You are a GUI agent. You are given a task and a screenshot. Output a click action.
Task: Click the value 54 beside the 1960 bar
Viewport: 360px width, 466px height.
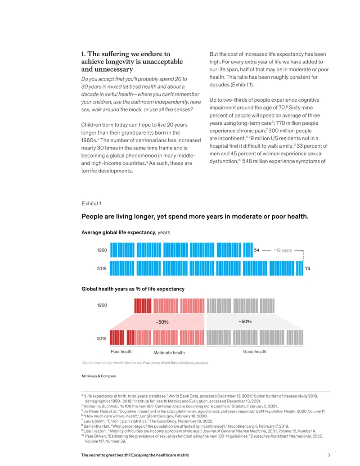click(256, 250)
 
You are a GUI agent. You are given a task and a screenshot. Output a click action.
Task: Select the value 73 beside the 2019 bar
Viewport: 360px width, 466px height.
click(307, 268)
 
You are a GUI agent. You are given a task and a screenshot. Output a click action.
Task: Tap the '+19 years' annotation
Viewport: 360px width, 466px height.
click(283, 250)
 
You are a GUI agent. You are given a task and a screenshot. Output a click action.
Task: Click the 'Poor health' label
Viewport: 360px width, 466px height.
click(121, 352)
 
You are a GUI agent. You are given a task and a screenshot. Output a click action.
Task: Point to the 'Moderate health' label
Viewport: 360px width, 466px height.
click(169, 353)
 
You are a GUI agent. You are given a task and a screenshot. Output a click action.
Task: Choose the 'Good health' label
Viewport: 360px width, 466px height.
click(255, 352)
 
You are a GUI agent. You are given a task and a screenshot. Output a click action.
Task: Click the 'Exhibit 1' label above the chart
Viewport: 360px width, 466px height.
click(91, 204)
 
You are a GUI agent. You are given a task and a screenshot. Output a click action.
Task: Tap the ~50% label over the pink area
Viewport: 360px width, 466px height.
click(162, 322)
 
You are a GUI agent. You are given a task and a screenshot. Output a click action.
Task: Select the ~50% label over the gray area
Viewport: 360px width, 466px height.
click(245, 321)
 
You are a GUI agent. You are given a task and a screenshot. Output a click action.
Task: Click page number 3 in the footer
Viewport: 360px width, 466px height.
click(328, 455)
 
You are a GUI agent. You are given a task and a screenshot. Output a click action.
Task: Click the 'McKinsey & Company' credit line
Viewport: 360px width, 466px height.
click(99, 376)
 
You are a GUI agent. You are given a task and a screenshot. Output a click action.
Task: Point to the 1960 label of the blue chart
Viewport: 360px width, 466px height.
click(102, 250)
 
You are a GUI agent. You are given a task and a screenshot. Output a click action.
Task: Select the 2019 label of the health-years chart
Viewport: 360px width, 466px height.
click(102, 339)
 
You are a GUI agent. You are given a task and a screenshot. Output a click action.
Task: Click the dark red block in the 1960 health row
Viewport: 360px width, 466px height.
click(143, 306)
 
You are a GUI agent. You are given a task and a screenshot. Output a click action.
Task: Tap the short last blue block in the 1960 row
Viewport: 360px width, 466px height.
click(248, 250)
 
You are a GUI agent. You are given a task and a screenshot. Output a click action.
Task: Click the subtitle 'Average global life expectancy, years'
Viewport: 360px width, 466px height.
click(126, 232)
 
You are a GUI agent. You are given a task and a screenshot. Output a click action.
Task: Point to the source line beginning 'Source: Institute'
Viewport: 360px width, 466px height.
click(145, 363)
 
